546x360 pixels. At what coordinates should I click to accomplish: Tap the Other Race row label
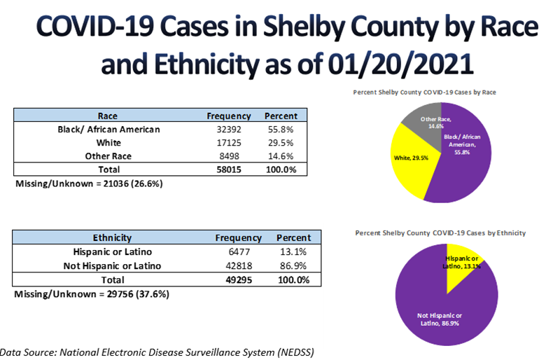click(x=108, y=156)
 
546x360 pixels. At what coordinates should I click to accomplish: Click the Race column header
click(x=108, y=116)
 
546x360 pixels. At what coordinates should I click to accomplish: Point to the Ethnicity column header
click(x=112, y=238)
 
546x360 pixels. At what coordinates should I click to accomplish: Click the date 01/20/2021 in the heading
click(x=402, y=65)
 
